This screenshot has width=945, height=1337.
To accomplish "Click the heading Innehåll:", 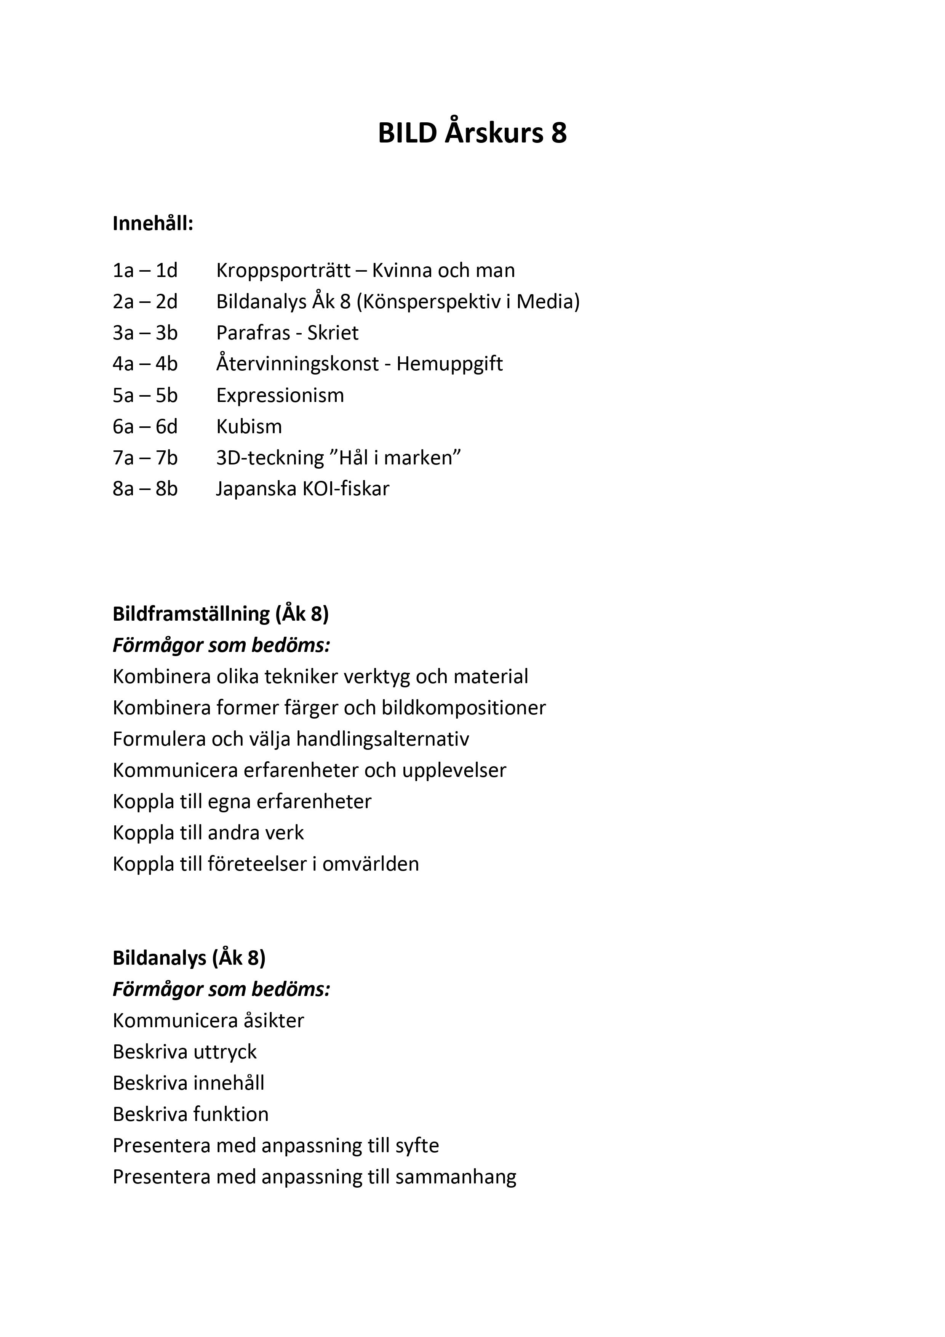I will pyautogui.click(x=153, y=224).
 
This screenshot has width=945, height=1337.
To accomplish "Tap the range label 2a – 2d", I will pyautogui.click(x=145, y=302).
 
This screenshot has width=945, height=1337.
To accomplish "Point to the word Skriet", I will pyautogui.click(x=333, y=333).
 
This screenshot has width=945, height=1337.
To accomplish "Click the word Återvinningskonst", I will pyautogui.click(x=297, y=364).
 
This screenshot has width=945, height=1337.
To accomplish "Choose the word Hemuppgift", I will pyautogui.click(x=449, y=364).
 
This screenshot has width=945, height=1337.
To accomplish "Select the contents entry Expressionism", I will pyautogui.click(x=280, y=395).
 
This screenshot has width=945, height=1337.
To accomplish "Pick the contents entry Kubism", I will pyautogui.click(x=249, y=427).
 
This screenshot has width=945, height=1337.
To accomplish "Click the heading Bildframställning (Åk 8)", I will pyautogui.click(x=221, y=614).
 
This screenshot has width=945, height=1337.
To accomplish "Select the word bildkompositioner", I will pyautogui.click(x=464, y=708).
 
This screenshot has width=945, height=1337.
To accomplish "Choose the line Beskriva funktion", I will pyautogui.click(x=190, y=1114).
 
